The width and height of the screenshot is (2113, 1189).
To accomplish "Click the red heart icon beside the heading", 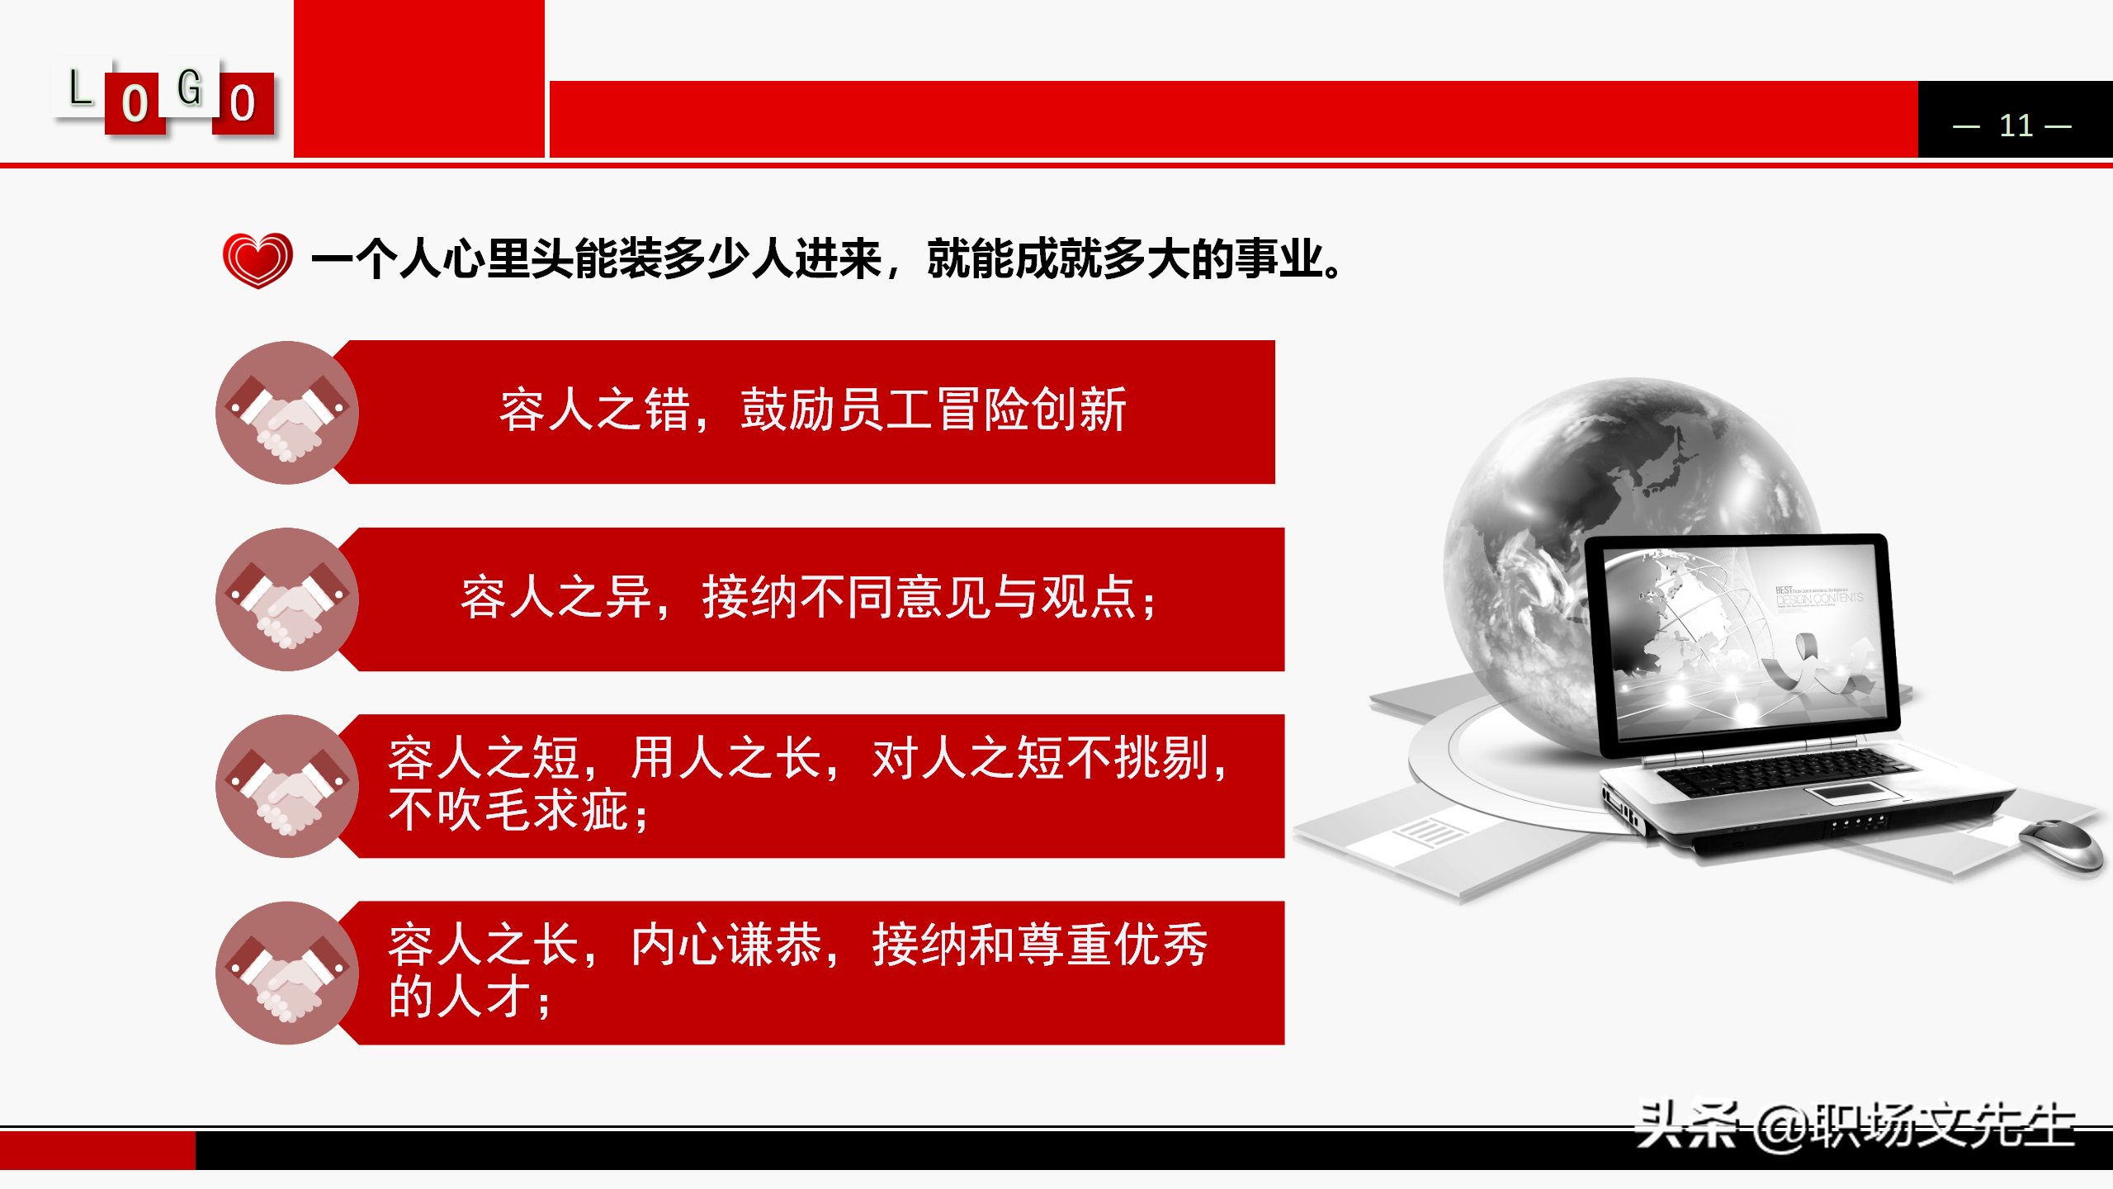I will click(x=258, y=259).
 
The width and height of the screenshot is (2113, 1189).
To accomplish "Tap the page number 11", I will click(x=2015, y=126).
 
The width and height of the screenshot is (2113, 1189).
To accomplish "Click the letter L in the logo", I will click(x=80, y=88).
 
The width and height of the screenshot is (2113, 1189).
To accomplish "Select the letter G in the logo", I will click(x=190, y=88).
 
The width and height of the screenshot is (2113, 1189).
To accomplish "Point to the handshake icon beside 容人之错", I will click(x=287, y=413).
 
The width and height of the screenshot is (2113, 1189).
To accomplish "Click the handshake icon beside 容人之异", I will click(x=287, y=599).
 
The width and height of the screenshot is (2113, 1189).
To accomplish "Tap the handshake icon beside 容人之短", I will click(x=287, y=786).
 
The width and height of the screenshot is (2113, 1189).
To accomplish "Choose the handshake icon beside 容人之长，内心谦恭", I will click(x=287, y=973).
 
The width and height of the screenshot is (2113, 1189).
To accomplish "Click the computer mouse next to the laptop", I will click(x=2061, y=842).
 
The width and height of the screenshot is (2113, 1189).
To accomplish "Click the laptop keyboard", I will click(x=1775, y=772).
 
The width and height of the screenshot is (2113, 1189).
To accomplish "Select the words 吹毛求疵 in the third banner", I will click(x=533, y=811).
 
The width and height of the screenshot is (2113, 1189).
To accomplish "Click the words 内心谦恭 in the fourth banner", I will click(x=726, y=945).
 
